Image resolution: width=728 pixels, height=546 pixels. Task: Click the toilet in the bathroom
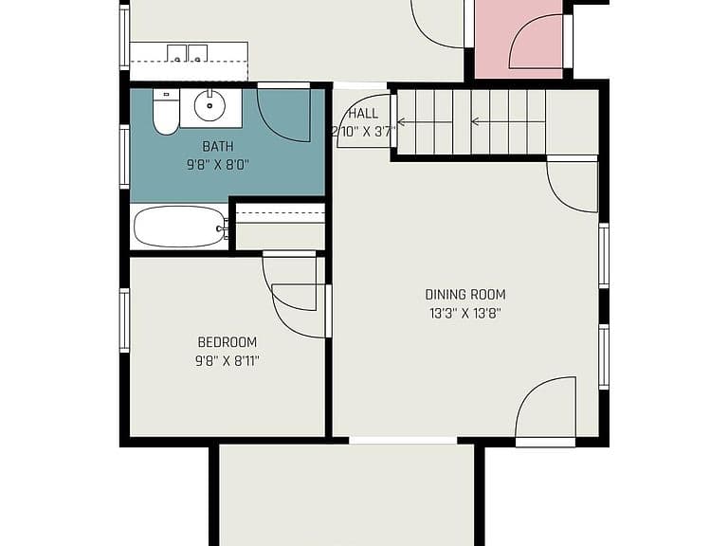click(166, 112)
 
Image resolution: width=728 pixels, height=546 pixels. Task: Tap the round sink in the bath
click(209, 106)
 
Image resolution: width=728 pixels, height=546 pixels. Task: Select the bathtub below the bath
click(180, 227)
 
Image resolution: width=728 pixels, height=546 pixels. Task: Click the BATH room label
click(218, 147)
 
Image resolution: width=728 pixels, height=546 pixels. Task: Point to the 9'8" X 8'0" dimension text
click(218, 164)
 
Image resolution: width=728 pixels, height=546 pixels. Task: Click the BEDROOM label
click(227, 342)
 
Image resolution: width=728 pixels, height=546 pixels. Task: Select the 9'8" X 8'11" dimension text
click(227, 361)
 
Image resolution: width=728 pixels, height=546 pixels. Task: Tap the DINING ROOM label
click(465, 295)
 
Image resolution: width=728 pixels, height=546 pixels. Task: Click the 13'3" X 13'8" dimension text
click(465, 314)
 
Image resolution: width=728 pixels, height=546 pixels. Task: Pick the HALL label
click(363, 114)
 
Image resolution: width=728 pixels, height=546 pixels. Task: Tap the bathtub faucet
click(223, 227)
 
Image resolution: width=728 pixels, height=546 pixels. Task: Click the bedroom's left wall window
click(124, 320)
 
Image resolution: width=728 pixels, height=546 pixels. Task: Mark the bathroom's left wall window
click(124, 157)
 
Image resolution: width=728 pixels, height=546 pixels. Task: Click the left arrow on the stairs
click(425, 122)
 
